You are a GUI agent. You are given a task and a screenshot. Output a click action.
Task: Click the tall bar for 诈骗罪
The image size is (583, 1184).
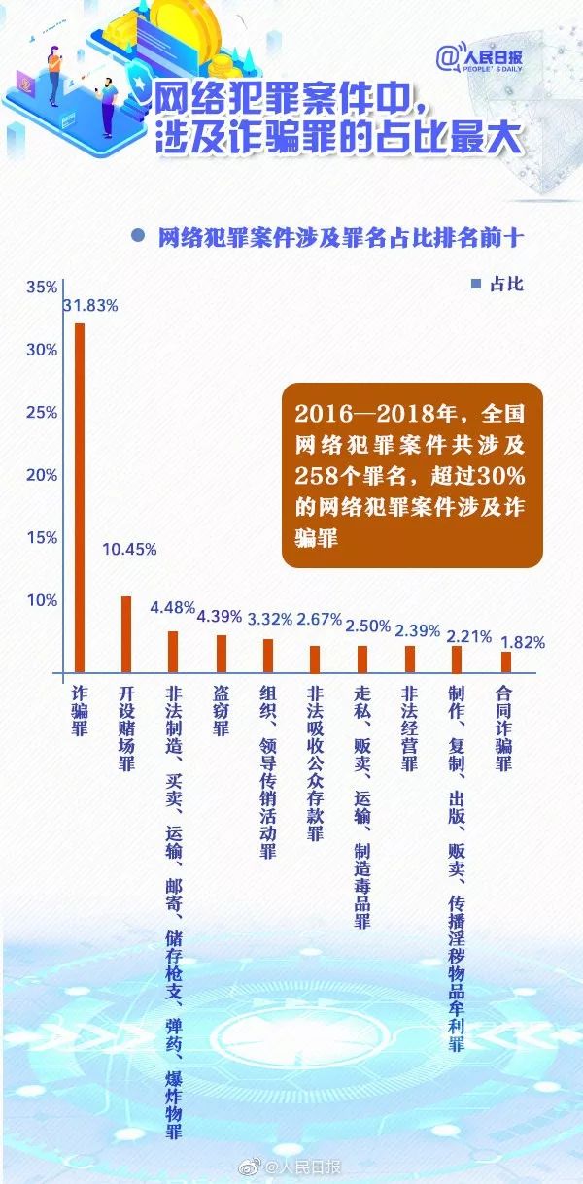(79, 495)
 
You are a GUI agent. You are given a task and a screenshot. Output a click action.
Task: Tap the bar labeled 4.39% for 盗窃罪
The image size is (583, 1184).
(221, 653)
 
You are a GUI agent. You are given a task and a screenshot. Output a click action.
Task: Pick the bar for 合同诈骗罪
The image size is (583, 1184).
(505, 660)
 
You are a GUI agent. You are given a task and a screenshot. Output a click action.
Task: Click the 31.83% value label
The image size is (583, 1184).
(90, 305)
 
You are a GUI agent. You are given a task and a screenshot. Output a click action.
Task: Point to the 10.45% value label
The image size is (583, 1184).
(129, 549)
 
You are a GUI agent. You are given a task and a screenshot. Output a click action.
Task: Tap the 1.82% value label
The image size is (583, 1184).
(522, 641)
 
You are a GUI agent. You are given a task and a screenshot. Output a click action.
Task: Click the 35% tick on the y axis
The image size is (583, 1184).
(42, 288)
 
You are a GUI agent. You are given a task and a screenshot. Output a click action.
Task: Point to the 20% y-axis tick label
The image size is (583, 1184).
(42, 475)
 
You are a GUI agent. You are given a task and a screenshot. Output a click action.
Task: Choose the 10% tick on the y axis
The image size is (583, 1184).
(42, 600)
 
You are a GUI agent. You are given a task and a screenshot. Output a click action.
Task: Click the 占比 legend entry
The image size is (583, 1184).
(497, 284)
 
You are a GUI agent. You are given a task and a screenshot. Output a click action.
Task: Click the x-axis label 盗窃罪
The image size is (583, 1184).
(221, 712)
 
